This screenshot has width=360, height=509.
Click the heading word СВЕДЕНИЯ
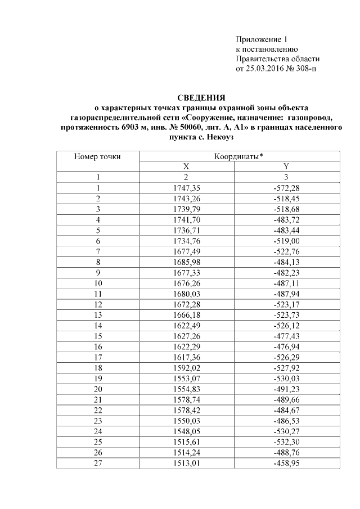(201, 97)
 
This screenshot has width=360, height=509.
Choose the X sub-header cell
(186, 166)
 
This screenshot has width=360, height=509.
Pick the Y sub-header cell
(286, 166)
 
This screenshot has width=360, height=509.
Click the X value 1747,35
(186, 187)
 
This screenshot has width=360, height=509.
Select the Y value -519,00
(286, 238)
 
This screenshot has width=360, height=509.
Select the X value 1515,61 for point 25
(186, 443)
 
